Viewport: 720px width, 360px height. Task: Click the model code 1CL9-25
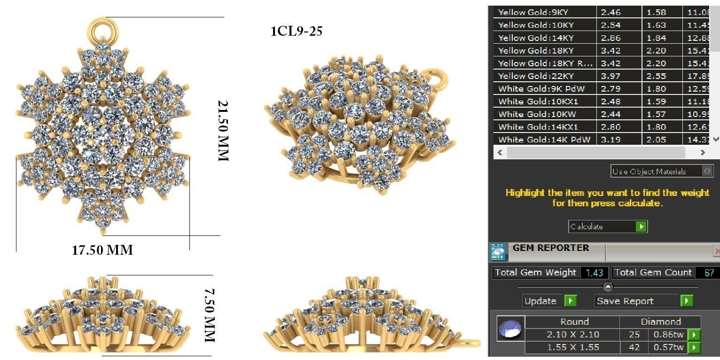point(296,31)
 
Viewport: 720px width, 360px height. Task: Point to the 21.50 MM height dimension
point(223,130)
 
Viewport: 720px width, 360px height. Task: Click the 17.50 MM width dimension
point(102,250)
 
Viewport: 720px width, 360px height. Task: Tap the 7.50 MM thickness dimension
point(209,315)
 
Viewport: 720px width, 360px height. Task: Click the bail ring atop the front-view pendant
point(102,30)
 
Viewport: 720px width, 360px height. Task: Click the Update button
point(549,301)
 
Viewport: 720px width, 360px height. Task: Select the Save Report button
point(643,301)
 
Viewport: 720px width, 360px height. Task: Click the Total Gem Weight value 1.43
point(594,273)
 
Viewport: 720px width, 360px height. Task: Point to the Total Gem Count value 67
point(709,273)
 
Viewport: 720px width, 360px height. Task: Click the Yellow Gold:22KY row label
point(536,76)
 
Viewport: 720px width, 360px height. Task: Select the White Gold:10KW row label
point(537,114)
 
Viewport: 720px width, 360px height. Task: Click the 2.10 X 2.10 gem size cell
point(572,335)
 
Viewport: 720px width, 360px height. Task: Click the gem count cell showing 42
point(634,347)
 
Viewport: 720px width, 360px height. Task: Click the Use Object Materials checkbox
point(708,171)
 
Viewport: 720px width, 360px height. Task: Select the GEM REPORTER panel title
point(550,248)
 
